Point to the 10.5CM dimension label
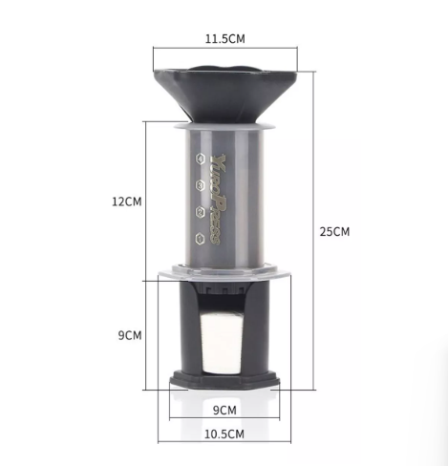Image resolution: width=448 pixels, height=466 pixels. pos(224,434)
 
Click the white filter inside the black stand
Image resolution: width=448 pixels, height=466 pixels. pos(224,341)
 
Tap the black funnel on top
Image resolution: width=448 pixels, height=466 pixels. pos(224,91)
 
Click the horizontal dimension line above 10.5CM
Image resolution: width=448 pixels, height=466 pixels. pos(224,421)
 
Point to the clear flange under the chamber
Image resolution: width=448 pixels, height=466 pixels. pos(224,271)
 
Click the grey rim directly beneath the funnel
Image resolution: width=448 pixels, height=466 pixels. pos(224,124)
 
